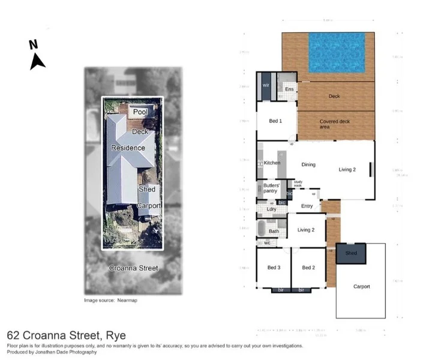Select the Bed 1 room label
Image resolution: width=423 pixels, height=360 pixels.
[x=275, y=121]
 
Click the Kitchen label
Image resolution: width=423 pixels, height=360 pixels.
[x=272, y=163]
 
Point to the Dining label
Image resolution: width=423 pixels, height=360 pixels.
[x=308, y=164]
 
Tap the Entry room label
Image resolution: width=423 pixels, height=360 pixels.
[x=307, y=206]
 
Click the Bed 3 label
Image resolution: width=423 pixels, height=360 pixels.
[x=274, y=268]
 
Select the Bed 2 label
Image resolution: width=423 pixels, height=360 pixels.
[x=308, y=268]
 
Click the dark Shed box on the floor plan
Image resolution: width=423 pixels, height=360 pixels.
[x=351, y=253]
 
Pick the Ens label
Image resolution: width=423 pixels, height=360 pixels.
[x=289, y=89]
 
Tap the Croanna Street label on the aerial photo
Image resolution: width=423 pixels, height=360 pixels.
[x=133, y=268]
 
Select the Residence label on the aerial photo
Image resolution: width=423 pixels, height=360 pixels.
[x=128, y=148]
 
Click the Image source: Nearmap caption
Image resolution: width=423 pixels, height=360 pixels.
[x=110, y=300]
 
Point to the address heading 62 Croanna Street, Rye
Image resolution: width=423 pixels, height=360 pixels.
[x=66, y=335]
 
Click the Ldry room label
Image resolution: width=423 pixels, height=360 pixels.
[x=271, y=209]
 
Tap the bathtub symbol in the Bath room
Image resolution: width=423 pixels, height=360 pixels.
[x=262, y=229]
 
